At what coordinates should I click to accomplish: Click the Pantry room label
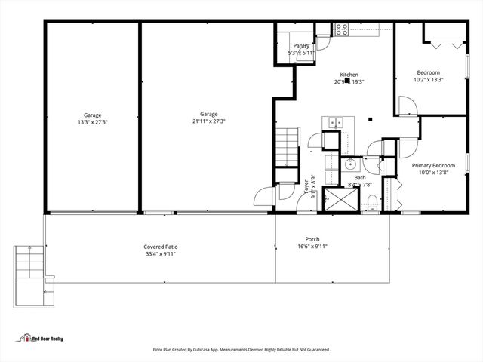pos(301,46)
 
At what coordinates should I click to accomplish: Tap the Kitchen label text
pos(349,75)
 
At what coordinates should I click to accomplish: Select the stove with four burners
pos(341,29)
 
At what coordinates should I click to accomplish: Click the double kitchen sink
pos(334,122)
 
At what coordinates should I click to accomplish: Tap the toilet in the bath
pos(373,201)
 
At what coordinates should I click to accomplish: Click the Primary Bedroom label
pos(433,165)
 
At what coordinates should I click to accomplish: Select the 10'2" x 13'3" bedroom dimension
pos(429,79)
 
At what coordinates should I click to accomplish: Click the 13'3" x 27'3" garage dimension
pos(93,121)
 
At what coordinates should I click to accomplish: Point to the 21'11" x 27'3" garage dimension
pos(208,121)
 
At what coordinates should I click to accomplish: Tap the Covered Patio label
pos(161,247)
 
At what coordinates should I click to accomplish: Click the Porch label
pos(312,238)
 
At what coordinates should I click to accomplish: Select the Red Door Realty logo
pos(42,339)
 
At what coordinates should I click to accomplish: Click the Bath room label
pos(360,178)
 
